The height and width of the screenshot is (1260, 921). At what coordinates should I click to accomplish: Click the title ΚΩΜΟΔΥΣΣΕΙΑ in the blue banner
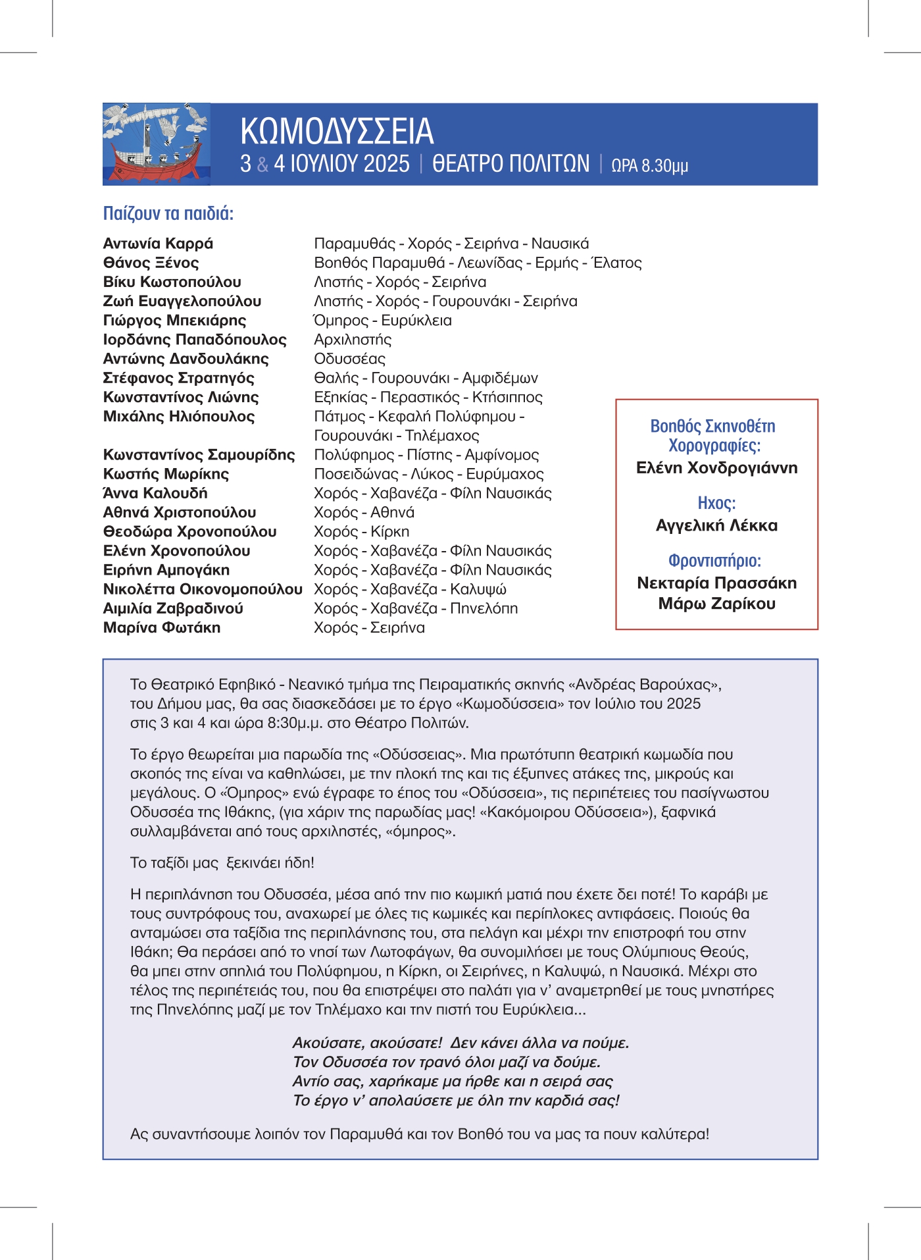337,131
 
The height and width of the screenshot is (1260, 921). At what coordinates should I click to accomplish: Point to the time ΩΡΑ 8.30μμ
649,165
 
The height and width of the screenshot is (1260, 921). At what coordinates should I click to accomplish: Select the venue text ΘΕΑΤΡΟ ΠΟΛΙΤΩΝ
510,163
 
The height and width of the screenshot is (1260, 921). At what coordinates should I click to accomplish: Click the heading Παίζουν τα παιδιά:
168,213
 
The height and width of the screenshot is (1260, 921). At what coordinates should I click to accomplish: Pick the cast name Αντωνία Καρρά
158,244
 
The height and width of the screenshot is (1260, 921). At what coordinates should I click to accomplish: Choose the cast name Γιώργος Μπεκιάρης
174,321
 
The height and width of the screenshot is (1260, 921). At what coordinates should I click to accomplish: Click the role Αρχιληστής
353,340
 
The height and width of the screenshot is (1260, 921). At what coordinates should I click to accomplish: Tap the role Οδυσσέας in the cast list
349,359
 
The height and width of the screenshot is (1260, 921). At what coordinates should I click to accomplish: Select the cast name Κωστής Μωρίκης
166,474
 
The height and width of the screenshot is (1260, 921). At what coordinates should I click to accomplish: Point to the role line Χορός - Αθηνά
364,512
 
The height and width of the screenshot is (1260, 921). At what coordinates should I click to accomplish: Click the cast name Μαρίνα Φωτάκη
162,627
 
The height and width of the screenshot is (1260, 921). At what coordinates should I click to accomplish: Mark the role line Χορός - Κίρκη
361,531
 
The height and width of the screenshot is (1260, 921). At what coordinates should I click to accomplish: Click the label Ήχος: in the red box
716,503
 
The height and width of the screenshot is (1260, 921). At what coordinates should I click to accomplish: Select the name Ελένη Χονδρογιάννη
716,468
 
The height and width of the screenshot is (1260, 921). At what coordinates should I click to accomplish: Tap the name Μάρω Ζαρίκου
716,604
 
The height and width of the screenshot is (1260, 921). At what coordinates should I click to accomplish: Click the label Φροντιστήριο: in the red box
714,561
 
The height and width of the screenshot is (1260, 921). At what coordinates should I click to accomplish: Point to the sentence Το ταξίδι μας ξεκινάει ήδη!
222,862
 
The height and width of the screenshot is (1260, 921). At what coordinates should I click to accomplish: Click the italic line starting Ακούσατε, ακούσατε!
460,1043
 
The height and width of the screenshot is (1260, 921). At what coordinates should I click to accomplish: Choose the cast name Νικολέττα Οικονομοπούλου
203,589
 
